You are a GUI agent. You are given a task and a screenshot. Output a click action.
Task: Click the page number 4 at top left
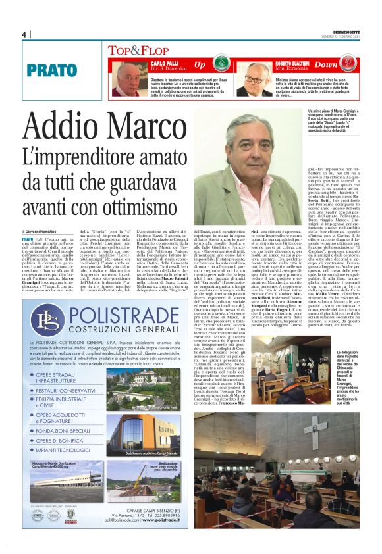pyautogui.click(x=24, y=34)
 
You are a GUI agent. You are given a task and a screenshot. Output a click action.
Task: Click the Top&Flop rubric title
pyautogui.click(x=130, y=49)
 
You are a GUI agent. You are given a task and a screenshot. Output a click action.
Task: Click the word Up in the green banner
pyautogui.click(x=200, y=65)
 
